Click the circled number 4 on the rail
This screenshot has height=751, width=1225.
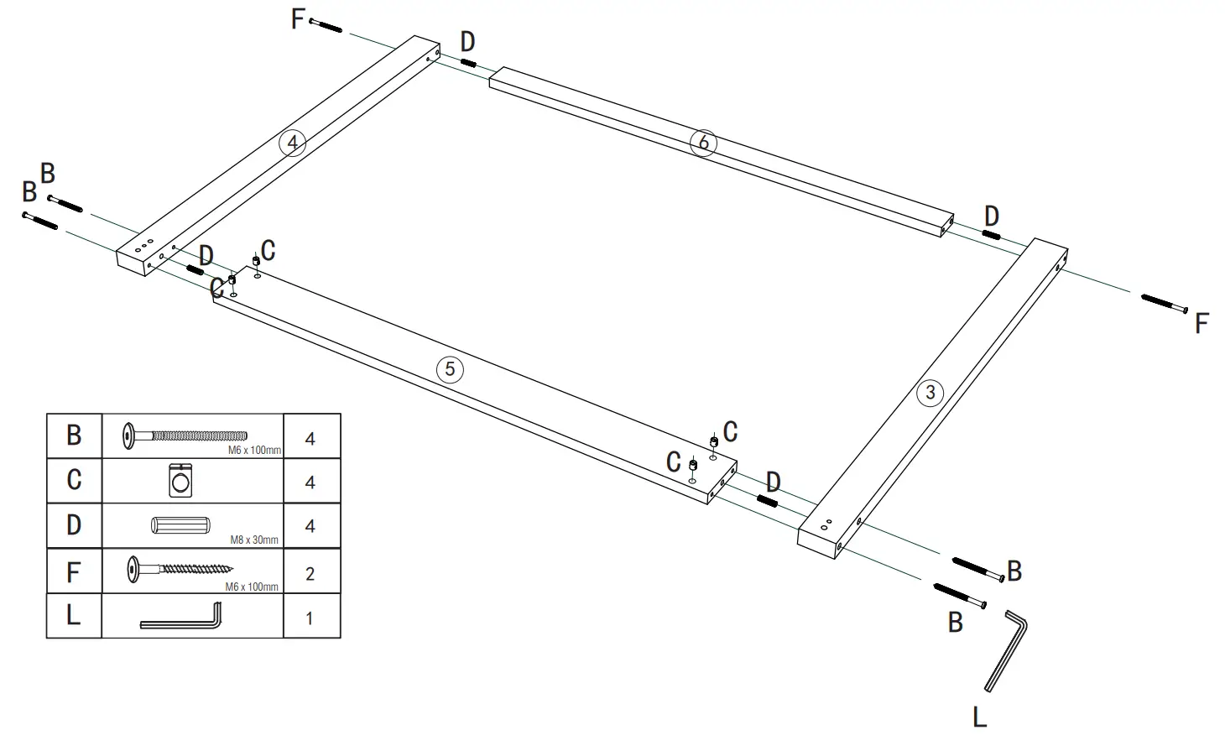[292, 143]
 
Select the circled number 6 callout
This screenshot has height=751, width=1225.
[703, 142]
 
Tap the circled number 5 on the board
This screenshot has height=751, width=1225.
[450, 369]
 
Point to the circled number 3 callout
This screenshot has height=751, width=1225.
[930, 392]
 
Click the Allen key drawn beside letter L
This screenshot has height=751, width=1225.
[1007, 649]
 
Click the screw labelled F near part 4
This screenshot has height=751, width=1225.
[326, 25]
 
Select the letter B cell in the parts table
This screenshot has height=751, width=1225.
[74, 435]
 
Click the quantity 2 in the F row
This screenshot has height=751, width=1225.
[310, 574]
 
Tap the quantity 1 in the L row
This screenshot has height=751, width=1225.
[310, 618]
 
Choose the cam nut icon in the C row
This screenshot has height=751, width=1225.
[180, 481]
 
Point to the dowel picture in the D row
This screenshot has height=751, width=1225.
[180, 525]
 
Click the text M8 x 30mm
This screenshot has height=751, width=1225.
[253, 540]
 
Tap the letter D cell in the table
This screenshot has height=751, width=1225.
[74, 525]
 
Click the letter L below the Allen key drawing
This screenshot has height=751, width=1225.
[979, 717]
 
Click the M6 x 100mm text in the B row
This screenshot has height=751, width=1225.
[254, 451]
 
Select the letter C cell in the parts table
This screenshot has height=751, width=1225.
[74, 480]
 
